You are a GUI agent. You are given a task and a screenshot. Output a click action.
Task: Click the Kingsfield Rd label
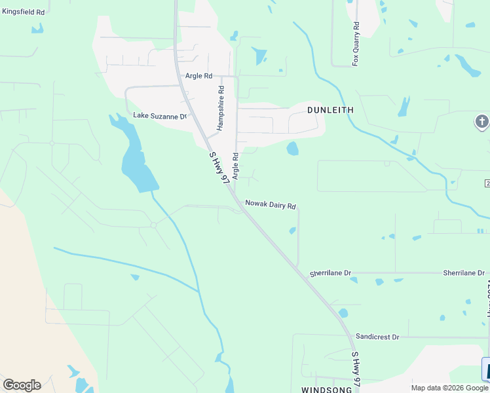(23, 12)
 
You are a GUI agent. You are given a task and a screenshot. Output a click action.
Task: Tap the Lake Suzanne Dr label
(160, 116)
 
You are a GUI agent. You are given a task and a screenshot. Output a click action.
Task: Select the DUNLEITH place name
(330, 111)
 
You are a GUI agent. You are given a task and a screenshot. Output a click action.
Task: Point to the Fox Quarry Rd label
(356, 44)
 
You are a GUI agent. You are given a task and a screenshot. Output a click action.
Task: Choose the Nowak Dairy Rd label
(271, 205)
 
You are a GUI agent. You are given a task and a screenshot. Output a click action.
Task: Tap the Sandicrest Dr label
(377, 337)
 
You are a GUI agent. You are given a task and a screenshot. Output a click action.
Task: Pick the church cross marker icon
(481, 122)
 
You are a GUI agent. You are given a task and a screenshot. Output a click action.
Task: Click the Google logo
(22, 385)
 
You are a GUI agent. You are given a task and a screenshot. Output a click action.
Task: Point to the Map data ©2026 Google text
(450, 388)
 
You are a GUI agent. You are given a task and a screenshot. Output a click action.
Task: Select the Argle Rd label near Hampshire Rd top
(199, 76)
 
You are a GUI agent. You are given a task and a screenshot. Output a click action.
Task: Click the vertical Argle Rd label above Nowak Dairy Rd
(235, 168)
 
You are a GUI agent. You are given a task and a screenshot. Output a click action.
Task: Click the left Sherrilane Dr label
(331, 272)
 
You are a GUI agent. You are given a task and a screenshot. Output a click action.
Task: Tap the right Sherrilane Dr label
(464, 272)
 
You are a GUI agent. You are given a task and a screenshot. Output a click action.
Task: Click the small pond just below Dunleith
(292, 149)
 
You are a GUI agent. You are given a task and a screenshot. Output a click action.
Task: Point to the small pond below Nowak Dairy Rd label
(292, 230)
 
